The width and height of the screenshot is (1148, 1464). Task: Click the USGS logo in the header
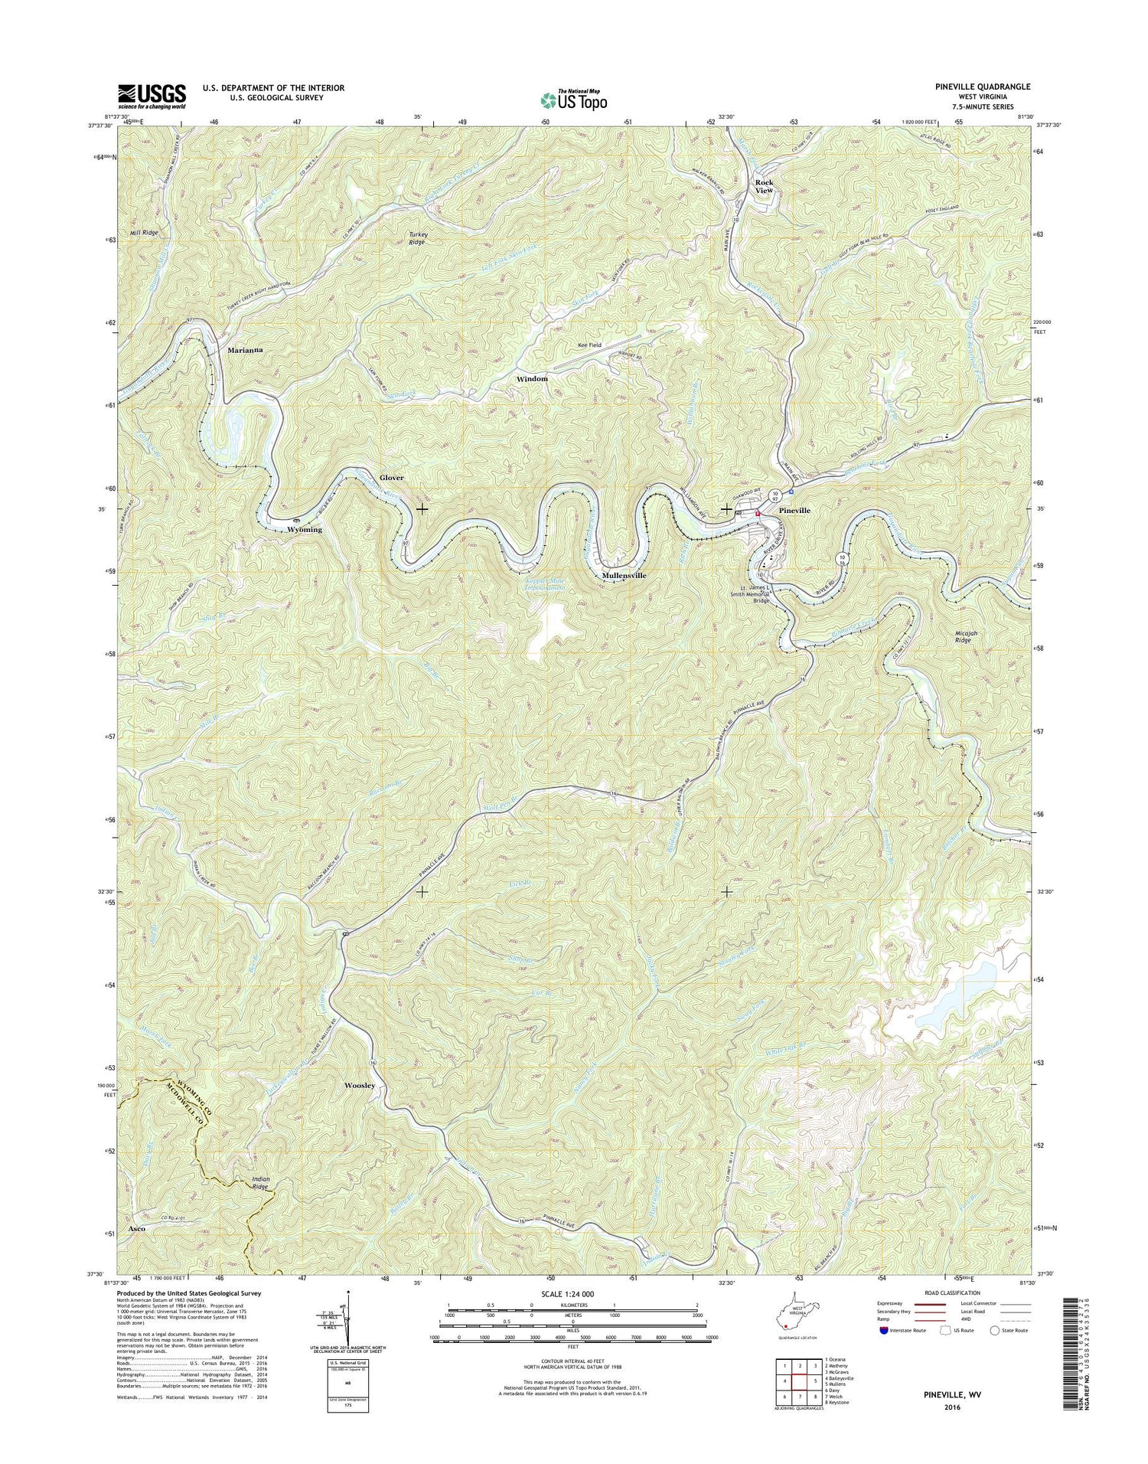(151, 96)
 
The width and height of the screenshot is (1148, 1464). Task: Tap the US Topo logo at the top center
(573, 99)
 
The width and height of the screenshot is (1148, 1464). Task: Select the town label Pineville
(794, 510)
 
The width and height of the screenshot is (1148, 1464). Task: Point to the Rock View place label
(764, 187)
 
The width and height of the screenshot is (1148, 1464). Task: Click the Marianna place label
(245, 350)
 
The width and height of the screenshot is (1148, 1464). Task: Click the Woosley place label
(360, 1086)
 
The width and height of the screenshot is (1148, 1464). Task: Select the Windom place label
(532, 379)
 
